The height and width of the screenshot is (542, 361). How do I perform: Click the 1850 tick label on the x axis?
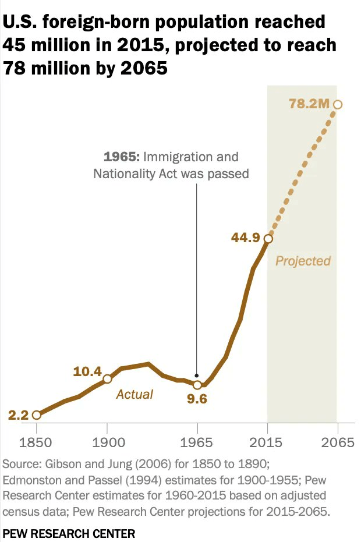pyautogui.click(x=36, y=442)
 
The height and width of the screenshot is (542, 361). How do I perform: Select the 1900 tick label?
pyautogui.click(x=107, y=442)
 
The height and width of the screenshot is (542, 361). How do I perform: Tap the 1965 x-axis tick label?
pyautogui.click(x=197, y=442)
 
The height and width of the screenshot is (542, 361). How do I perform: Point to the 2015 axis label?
pyautogui.click(x=268, y=442)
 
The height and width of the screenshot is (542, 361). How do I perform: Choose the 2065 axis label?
pyautogui.click(x=338, y=442)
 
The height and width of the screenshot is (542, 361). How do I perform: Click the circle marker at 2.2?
pyautogui.click(x=37, y=415)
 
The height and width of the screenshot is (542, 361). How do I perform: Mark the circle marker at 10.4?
pyautogui.click(x=107, y=379)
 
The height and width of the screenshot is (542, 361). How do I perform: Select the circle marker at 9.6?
pyautogui.click(x=197, y=385)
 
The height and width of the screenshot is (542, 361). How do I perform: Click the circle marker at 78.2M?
pyautogui.click(x=338, y=104)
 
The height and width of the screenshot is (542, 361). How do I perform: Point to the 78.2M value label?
pyautogui.click(x=309, y=104)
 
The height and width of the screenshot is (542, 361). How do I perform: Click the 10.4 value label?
pyautogui.click(x=87, y=371)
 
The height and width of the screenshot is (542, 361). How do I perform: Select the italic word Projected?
pyautogui.click(x=303, y=260)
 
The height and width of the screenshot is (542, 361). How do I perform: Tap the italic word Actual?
pyautogui.click(x=135, y=394)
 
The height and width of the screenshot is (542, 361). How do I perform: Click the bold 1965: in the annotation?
pyautogui.click(x=121, y=157)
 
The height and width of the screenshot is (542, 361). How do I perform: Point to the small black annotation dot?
pyautogui.click(x=197, y=375)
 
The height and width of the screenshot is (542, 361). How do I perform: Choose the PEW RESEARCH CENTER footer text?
pyautogui.click(x=69, y=533)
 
